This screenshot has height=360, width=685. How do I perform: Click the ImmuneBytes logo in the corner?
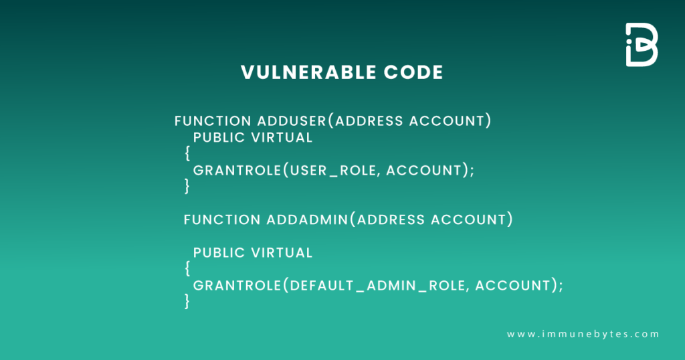pyautogui.click(x=642, y=45)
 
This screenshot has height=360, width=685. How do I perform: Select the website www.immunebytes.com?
pyautogui.click(x=583, y=334)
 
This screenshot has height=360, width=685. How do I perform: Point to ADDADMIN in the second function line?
pyautogui.click(x=308, y=219)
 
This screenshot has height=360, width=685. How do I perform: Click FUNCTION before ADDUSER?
pyautogui.click(x=213, y=121)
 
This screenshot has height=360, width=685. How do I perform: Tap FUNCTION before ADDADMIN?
pyautogui.click(x=222, y=219)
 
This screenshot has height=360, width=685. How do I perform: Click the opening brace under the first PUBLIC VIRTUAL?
pyautogui.click(x=188, y=154)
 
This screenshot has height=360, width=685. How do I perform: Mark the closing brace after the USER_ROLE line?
pyautogui.click(x=188, y=187)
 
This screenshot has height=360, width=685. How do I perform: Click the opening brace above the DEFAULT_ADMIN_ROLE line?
pyautogui.click(x=188, y=269)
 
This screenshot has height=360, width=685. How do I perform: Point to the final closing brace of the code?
pyautogui.click(x=188, y=302)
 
